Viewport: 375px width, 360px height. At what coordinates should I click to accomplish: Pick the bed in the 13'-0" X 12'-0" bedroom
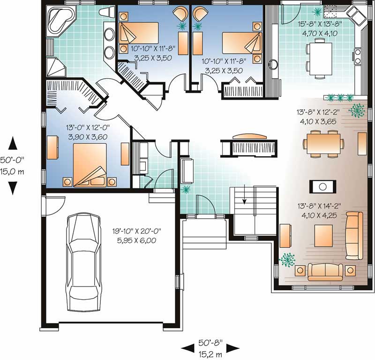pyautogui.click(x=91, y=164)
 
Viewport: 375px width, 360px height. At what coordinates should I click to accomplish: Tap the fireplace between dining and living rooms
pyautogui.click(x=322, y=186)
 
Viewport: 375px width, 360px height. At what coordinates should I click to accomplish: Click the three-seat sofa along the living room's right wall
pyautogui.click(x=353, y=235)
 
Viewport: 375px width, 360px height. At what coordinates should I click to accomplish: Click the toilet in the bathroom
pyautogui.click(x=106, y=12)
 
